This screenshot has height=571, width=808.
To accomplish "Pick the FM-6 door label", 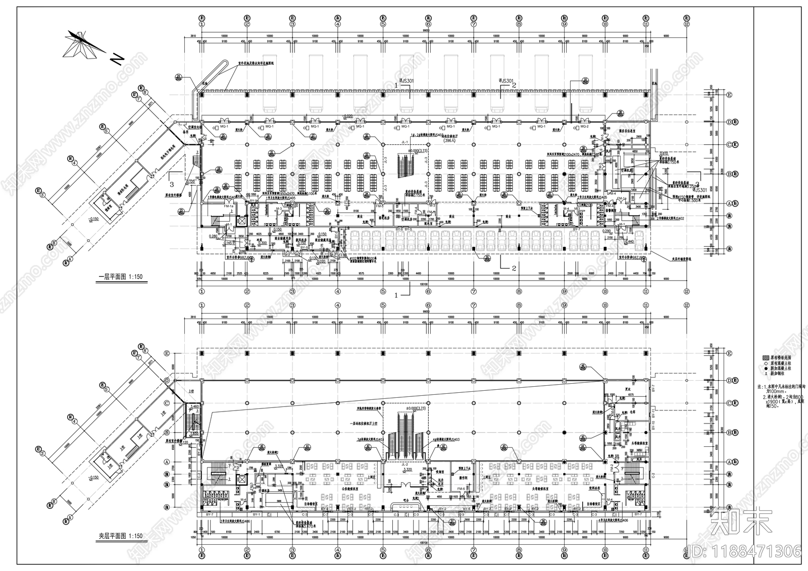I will (x=461, y=489).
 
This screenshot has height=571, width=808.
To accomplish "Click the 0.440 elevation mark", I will (x=629, y=242).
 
